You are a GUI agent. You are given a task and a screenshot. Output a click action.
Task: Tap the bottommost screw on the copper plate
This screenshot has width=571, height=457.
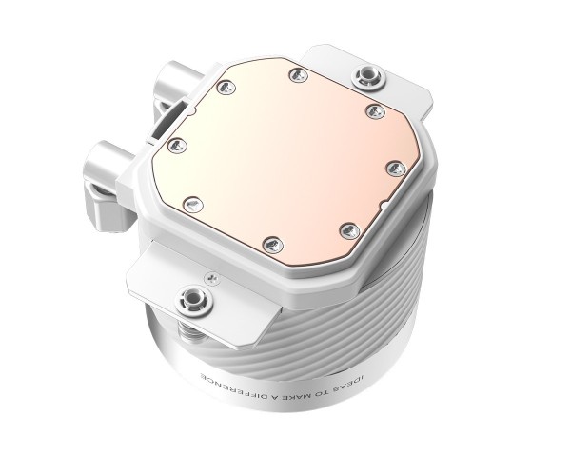270,245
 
